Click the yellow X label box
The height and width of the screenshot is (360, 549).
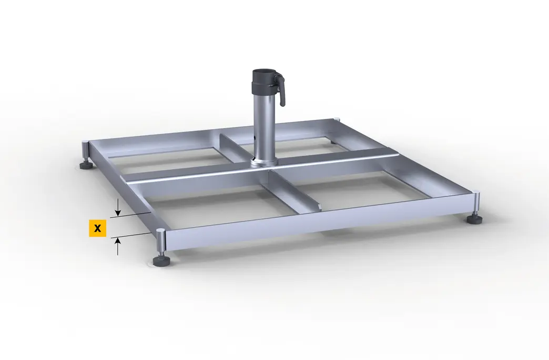[97, 228]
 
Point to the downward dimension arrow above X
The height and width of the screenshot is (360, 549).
[118, 207]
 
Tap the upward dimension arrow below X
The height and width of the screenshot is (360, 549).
[118, 246]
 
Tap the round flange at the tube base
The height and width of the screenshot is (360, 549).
[265, 162]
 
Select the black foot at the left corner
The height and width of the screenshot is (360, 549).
[86, 165]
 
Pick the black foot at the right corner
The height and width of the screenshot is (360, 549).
[474, 219]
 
